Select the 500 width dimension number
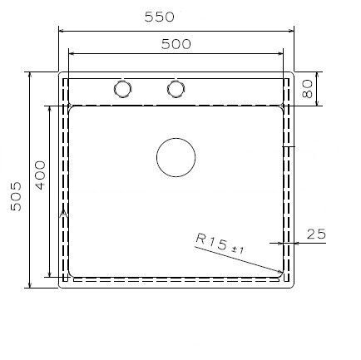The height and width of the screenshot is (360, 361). (176, 44)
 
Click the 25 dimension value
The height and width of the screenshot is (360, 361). (315, 234)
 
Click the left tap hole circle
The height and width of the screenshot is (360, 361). (122, 88)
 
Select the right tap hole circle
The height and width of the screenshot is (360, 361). (176, 88)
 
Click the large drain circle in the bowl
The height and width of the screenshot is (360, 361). (176, 156)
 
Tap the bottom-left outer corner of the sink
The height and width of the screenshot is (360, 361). (60, 288)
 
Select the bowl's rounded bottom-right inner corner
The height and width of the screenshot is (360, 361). (282, 274)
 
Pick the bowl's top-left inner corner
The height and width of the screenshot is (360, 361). (72, 107)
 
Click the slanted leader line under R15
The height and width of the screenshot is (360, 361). (241, 259)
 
